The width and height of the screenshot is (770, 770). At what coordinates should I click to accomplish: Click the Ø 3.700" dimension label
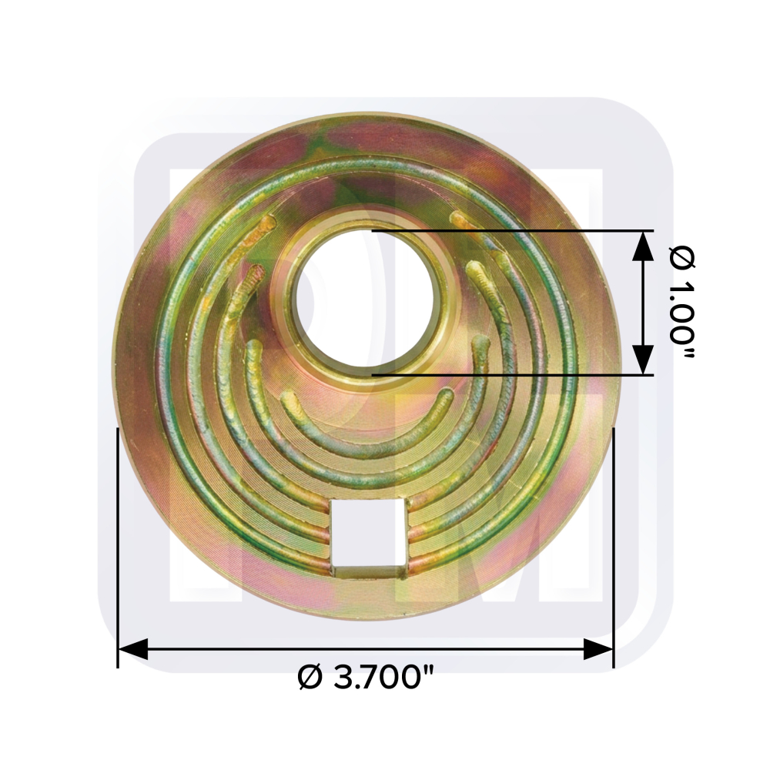367,678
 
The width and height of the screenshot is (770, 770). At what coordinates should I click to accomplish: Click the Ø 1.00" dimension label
681,303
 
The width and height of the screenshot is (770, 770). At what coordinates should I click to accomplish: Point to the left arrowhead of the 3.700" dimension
133,649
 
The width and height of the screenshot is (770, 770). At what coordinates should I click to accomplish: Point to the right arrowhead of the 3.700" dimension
598,649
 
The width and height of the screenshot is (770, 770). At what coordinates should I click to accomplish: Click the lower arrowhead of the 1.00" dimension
643,360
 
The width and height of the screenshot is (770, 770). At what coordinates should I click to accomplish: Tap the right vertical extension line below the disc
614,547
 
